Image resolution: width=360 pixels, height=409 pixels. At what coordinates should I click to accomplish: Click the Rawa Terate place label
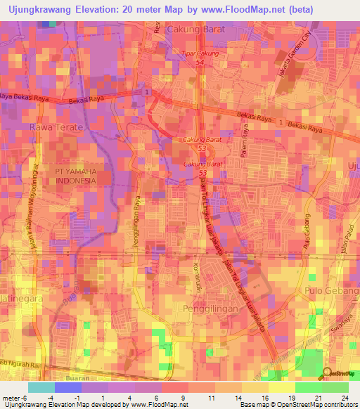pos(56,127)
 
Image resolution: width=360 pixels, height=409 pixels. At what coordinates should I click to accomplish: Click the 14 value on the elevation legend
pos(239,397)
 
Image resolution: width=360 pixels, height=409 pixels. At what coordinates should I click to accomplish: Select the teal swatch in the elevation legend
pos(41,387)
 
